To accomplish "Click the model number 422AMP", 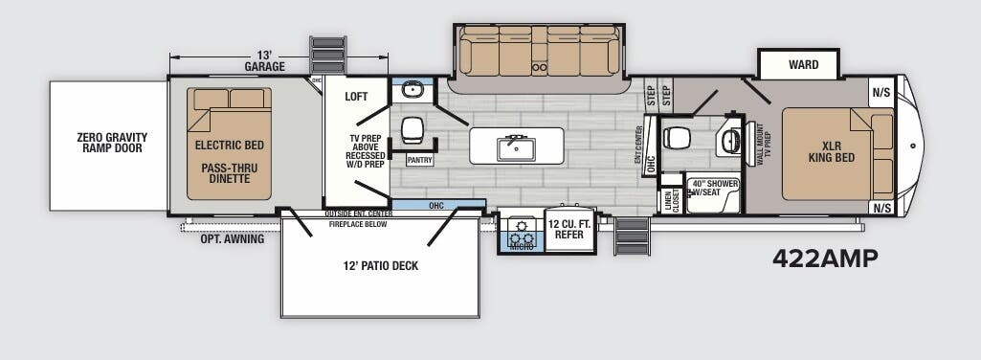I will tap(824, 259).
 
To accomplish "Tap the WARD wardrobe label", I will tap(802, 65).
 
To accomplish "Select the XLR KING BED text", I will tap(824, 152).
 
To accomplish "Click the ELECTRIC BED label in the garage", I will tap(229, 146).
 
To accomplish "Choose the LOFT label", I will tap(357, 97).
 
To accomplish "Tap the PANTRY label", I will tap(419, 161).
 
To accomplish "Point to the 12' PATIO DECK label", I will tap(380, 265).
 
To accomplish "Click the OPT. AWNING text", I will tap(232, 239).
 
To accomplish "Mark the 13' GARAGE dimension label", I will tap(264, 61).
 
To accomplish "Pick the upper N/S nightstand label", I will tap(881, 94).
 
